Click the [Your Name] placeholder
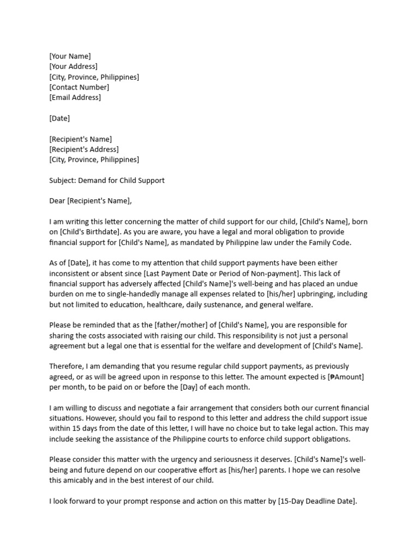coord(70,56)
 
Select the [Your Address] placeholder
coord(73,67)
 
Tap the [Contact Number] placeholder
coord(79,87)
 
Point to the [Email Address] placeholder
coord(75,98)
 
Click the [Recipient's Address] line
coord(83,150)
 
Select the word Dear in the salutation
coord(57,201)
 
